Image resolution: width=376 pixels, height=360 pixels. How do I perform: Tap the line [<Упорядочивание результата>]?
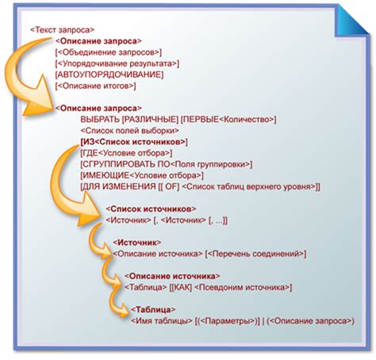[117, 63]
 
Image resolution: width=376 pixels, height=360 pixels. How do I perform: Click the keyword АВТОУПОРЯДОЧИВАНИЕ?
[109, 74]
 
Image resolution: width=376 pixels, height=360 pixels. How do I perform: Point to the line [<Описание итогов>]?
[96, 85]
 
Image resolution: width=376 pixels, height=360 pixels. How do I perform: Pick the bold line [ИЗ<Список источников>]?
[133, 142]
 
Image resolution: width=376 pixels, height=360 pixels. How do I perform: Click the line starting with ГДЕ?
[125, 152]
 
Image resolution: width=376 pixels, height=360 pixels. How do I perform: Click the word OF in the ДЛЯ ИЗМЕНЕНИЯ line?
[170, 186]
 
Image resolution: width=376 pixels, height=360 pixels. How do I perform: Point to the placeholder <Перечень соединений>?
[257, 253]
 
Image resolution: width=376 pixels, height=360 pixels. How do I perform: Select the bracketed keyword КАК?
[184, 287]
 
